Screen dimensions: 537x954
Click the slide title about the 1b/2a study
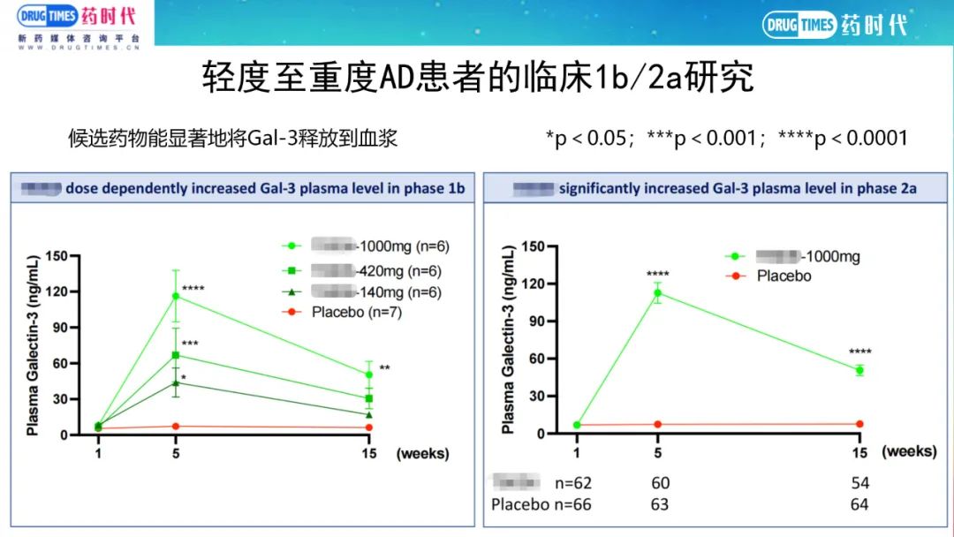tap(477, 78)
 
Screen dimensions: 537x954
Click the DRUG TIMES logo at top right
tap(835, 25)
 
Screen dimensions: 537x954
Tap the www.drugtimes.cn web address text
tap(79, 49)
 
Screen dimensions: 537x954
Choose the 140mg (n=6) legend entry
tap(375, 291)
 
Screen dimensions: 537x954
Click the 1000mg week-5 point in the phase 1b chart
tap(175, 296)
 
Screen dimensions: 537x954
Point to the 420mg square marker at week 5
tap(175, 355)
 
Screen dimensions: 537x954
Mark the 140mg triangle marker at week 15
tap(369, 414)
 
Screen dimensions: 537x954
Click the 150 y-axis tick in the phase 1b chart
tap(57, 256)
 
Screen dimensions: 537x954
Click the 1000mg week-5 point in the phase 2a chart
tap(657, 293)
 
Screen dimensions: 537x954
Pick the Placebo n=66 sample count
tap(541, 504)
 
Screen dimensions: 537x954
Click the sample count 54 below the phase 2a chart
tap(859, 483)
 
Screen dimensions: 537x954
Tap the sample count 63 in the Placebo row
tap(660, 504)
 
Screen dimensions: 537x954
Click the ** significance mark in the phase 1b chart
tap(384, 369)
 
